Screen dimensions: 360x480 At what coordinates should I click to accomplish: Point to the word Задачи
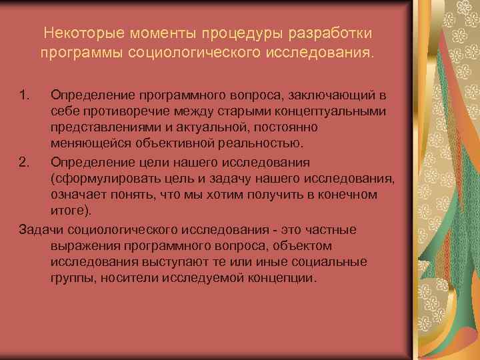(x=40, y=229)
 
